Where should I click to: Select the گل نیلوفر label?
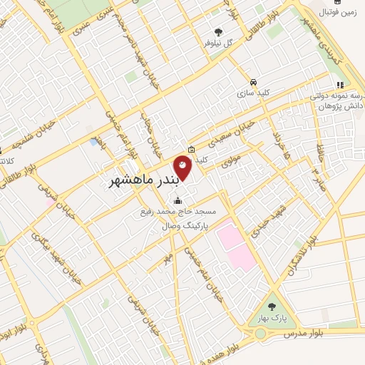pos(218,43)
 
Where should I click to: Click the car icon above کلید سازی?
pos(254,81)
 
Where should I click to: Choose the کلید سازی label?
pos(254,93)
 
